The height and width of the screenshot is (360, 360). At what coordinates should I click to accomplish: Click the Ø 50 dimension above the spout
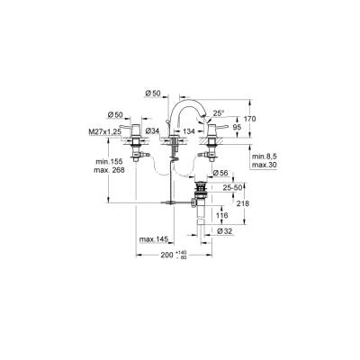pyautogui.click(x=154, y=94)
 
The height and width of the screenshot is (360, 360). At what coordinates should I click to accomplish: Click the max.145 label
pyautogui.click(x=152, y=238)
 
